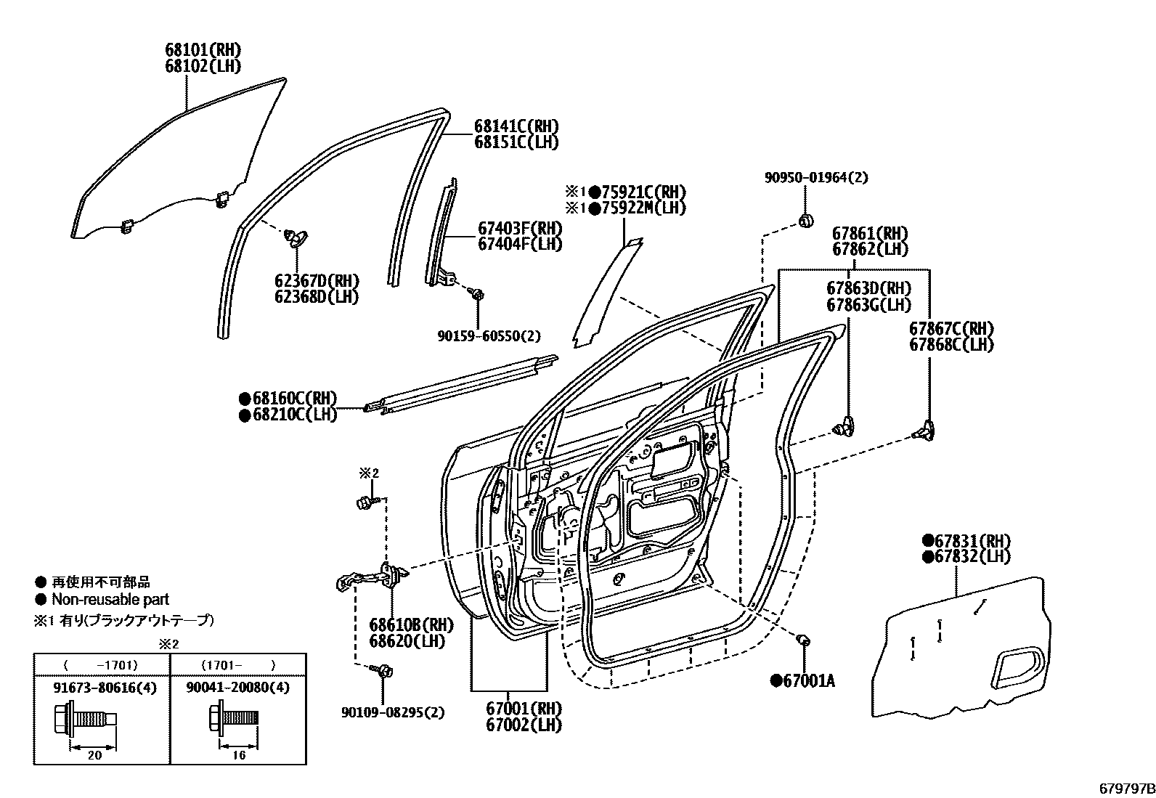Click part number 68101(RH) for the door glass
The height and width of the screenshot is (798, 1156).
pos(203,50)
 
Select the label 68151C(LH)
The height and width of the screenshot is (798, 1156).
pos(516,142)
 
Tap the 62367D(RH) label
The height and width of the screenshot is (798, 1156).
pos(317,281)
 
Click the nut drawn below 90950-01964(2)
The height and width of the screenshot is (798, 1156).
pos(805,220)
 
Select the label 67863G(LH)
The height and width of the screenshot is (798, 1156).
pos(868,306)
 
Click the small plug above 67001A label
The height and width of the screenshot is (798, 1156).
pos(803,640)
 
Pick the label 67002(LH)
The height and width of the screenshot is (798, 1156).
pos(524,724)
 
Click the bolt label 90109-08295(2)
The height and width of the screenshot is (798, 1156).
pos(393,712)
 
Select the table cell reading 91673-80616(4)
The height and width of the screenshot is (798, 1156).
pos(102,687)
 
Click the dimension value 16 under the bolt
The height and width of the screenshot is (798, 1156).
pos(239,755)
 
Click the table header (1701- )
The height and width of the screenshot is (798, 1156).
pos(239,664)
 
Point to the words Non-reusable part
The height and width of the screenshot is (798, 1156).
pos(110,600)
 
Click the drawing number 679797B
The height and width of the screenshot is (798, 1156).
pos(1125,789)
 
